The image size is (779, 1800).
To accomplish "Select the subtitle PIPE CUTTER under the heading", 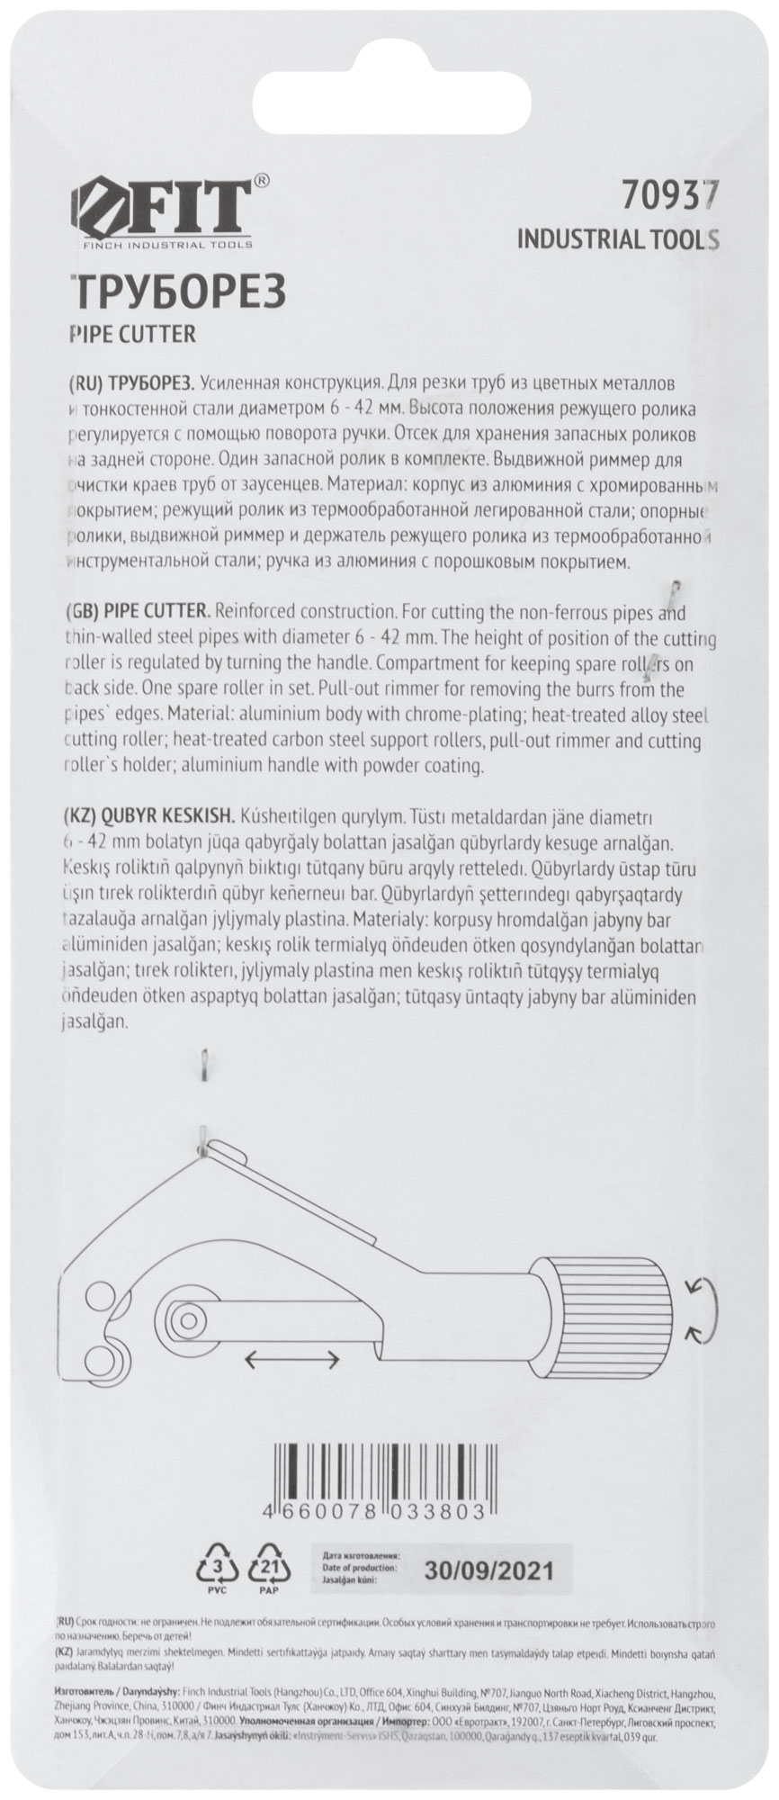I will pyautogui.click(x=131, y=335).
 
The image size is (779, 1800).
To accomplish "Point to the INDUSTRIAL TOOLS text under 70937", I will pyautogui.click(x=618, y=239).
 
